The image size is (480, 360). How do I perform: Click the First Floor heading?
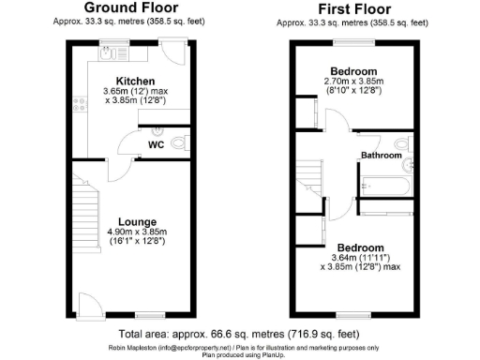[353, 9]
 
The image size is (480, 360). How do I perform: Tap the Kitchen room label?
[135, 81]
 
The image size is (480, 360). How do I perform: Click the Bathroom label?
[383, 155]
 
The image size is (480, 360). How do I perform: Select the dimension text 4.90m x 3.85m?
[135, 232]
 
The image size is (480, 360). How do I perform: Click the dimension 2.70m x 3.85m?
[353, 82]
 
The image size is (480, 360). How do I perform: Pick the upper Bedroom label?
[353, 71]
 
